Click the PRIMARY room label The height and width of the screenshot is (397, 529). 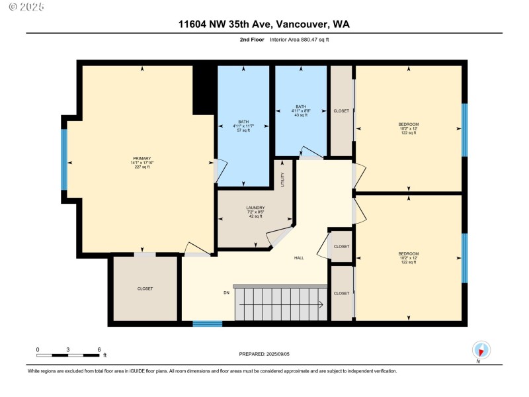(x=142, y=158)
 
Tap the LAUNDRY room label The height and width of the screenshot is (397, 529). (x=255, y=208)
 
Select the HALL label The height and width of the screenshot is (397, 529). (x=299, y=258)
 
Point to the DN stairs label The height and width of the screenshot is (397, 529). (x=226, y=292)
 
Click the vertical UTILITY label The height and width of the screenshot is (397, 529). (x=283, y=179)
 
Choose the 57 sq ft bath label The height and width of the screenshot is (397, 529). (x=243, y=126)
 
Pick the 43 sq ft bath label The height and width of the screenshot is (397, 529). (x=301, y=110)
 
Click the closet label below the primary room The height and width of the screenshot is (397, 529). (x=145, y=288)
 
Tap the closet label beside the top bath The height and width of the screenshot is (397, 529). (x=341, y=110)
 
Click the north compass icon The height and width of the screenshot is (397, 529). (x=481, y=350)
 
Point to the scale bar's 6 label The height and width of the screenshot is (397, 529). (x=99, y=350)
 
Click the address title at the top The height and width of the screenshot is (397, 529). (x=264, y=24)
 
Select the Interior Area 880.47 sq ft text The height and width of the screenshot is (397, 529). (x=300, y=40)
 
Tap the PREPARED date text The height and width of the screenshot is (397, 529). (x=264, y=354)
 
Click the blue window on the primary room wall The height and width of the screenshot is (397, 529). (x=63, y=159)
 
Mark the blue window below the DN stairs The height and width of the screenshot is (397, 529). (x=208, y=324)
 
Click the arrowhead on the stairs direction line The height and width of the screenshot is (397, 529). (x=321, y=305)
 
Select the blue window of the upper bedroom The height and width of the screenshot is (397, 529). (x=465, y=130)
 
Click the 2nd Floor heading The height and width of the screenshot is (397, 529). (x=252, y=40)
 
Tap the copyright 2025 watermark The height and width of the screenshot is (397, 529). (x=26, y=7)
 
